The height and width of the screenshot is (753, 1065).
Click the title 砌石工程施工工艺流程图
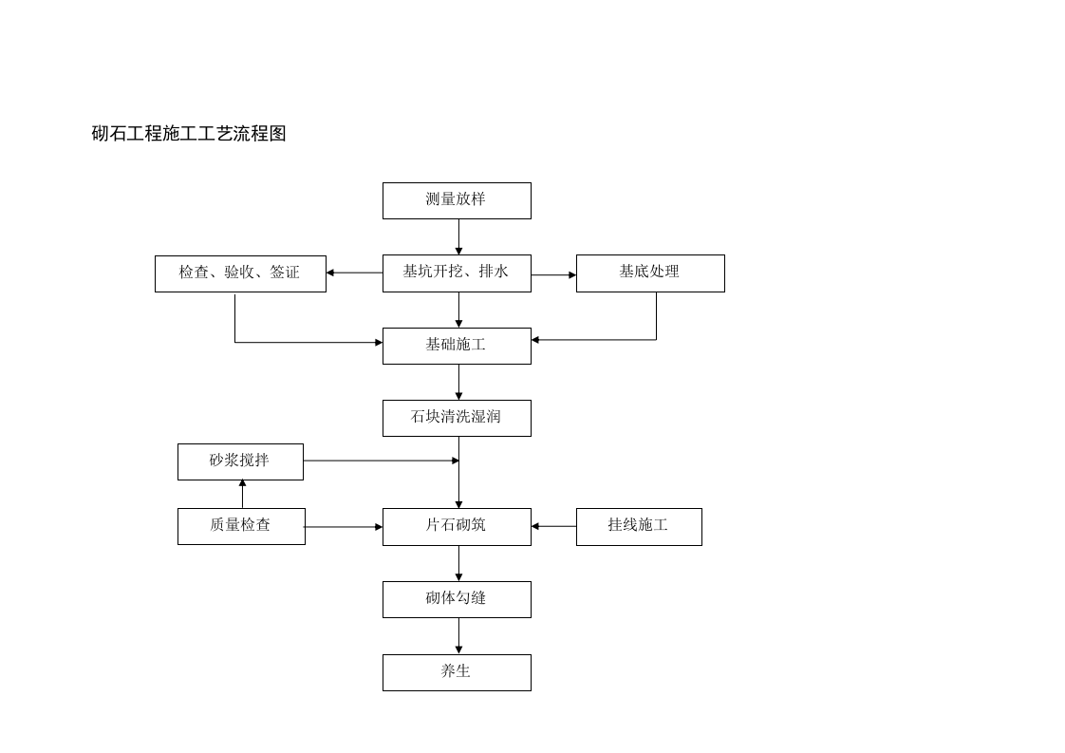click(189, 134)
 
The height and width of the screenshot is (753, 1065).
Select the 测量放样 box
click(457, 200)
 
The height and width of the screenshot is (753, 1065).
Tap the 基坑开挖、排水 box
click(457, 273)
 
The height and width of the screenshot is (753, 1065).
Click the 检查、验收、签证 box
click(240, 273)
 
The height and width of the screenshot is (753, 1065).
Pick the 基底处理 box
click(650, 273)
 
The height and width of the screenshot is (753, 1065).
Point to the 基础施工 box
click(457, 346)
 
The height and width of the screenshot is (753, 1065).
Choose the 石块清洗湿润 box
click(457, 418)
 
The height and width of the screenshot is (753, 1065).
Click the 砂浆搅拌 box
click(240, 461)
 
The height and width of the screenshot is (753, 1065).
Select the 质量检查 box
click(241, 526)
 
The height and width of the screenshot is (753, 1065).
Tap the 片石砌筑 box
click(457, 526)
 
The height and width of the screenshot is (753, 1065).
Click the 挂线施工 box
click(639, 526)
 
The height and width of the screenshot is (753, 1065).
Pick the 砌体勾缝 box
click(457, 599)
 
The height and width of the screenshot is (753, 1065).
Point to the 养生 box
click(457, 672)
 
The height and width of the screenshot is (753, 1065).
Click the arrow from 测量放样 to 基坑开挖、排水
click(458, 236)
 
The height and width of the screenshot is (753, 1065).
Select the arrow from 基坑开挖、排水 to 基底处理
click(553, 275)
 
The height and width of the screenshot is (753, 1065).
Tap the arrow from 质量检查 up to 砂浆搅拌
click(242, 494)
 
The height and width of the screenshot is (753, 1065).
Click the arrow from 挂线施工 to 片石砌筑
click(553, 526)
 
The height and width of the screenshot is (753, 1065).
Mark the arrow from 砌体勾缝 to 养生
click(458, 635)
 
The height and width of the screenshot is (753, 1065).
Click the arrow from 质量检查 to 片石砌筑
click(344, 527)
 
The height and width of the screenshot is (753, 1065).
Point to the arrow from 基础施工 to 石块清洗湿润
click(458, 382)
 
